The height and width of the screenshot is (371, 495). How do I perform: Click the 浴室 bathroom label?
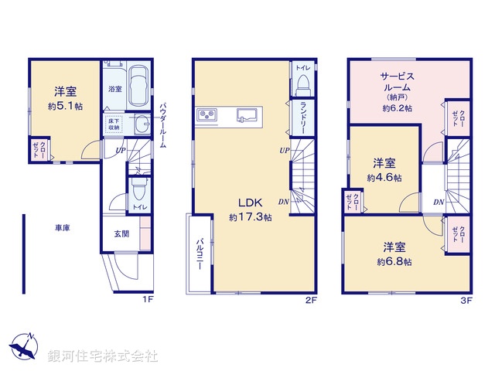114,89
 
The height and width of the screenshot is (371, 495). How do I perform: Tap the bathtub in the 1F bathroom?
138,85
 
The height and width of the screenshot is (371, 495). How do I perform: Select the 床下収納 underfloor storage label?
114,126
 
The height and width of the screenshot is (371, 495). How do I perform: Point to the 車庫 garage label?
63,228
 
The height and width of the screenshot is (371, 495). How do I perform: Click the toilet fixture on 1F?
139,189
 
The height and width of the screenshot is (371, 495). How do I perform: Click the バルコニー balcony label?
199,254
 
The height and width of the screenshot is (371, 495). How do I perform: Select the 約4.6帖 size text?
384,177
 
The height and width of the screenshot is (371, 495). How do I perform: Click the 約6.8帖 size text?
394,262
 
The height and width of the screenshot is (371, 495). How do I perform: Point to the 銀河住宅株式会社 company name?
103,356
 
